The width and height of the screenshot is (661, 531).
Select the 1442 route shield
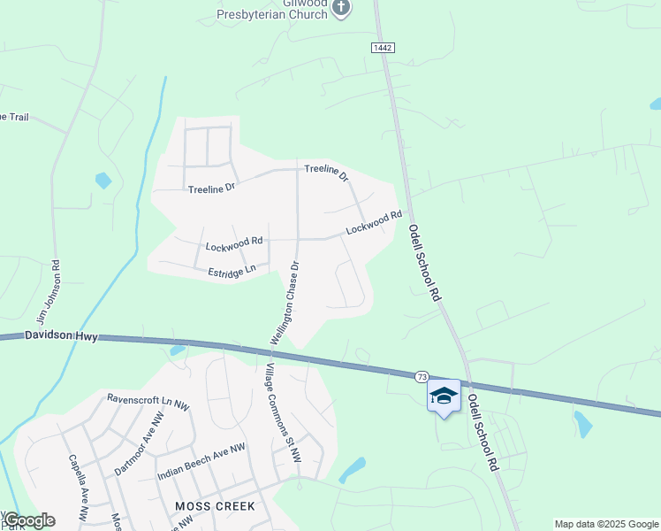pos(382,47)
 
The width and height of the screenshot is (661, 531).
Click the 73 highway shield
pos(422,377)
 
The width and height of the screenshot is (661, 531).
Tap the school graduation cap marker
pos(444,396)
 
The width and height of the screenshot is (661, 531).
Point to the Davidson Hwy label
pos(60,335)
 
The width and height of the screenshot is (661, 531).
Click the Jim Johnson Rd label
pos(48,291)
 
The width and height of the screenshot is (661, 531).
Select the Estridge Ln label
pos(232,270)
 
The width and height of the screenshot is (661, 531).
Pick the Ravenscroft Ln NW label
pos(148,401)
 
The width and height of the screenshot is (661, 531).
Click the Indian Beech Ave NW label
pos(201,462)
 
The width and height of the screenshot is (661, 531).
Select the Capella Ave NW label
pos(80,487)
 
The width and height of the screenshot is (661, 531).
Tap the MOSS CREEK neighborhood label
pos(215,506)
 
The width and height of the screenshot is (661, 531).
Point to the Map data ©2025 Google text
pos(606,524)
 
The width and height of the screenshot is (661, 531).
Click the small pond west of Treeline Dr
pos(103,181)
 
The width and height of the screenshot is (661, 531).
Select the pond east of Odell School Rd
pos(582,424)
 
